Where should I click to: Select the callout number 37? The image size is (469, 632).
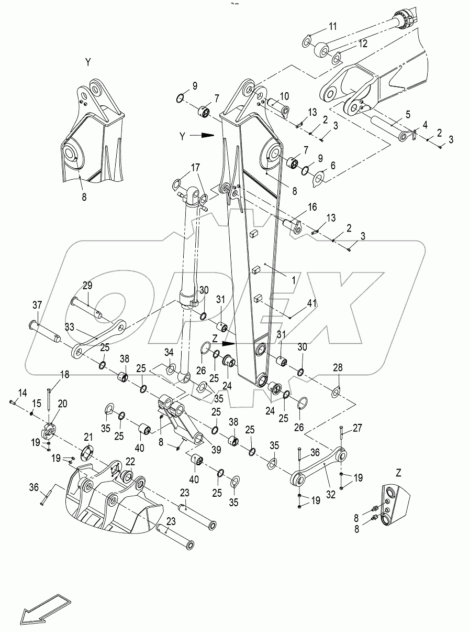[37, 305]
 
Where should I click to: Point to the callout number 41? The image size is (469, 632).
[312, 303]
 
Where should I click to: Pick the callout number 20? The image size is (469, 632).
[63, 404]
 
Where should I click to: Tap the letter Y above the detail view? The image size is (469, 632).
[88, 62]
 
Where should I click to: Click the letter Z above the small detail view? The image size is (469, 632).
[399, 472]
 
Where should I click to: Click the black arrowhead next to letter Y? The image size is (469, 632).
[208, 135]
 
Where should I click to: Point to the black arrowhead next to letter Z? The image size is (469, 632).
[229, 344]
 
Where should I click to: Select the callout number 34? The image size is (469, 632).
[169, 352]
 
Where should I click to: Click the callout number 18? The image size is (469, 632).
[64, 375]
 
